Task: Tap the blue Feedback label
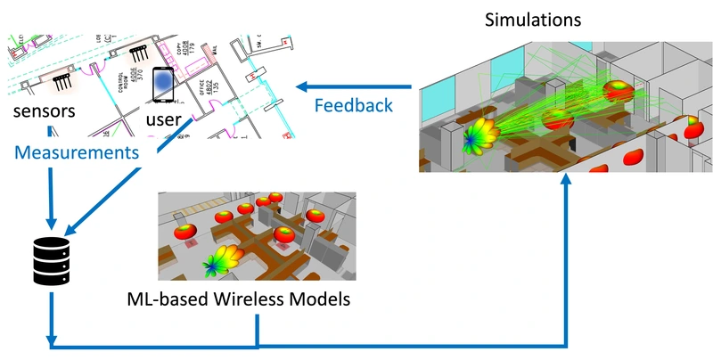tap(354, 105)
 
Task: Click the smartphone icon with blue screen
tap(162, 85)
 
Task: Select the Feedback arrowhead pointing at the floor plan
tap(304, 86)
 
